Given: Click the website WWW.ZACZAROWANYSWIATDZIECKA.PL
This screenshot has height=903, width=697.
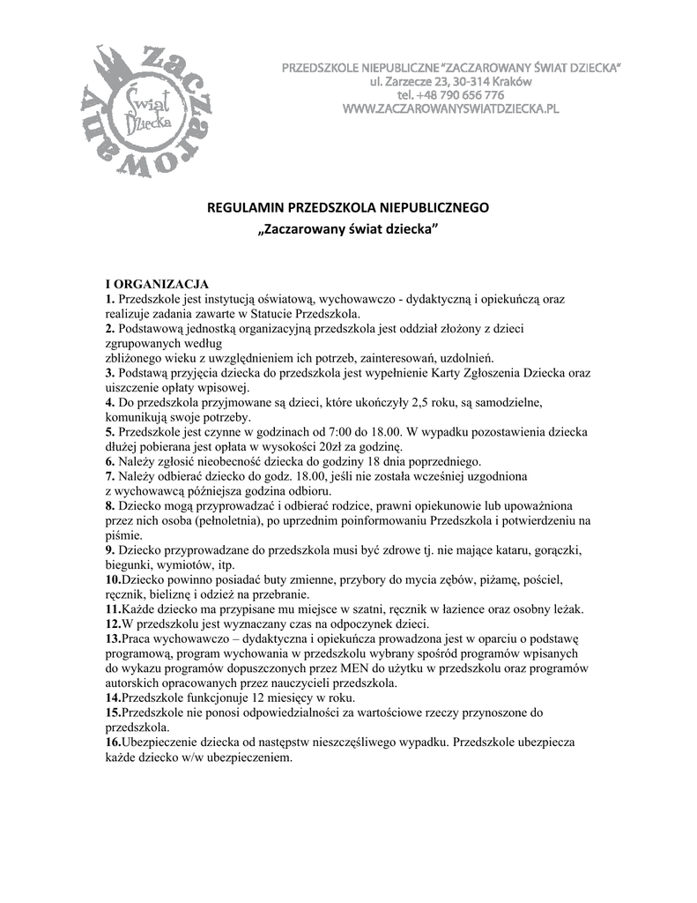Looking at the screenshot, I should pyautogui.click(x=450, y=108).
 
